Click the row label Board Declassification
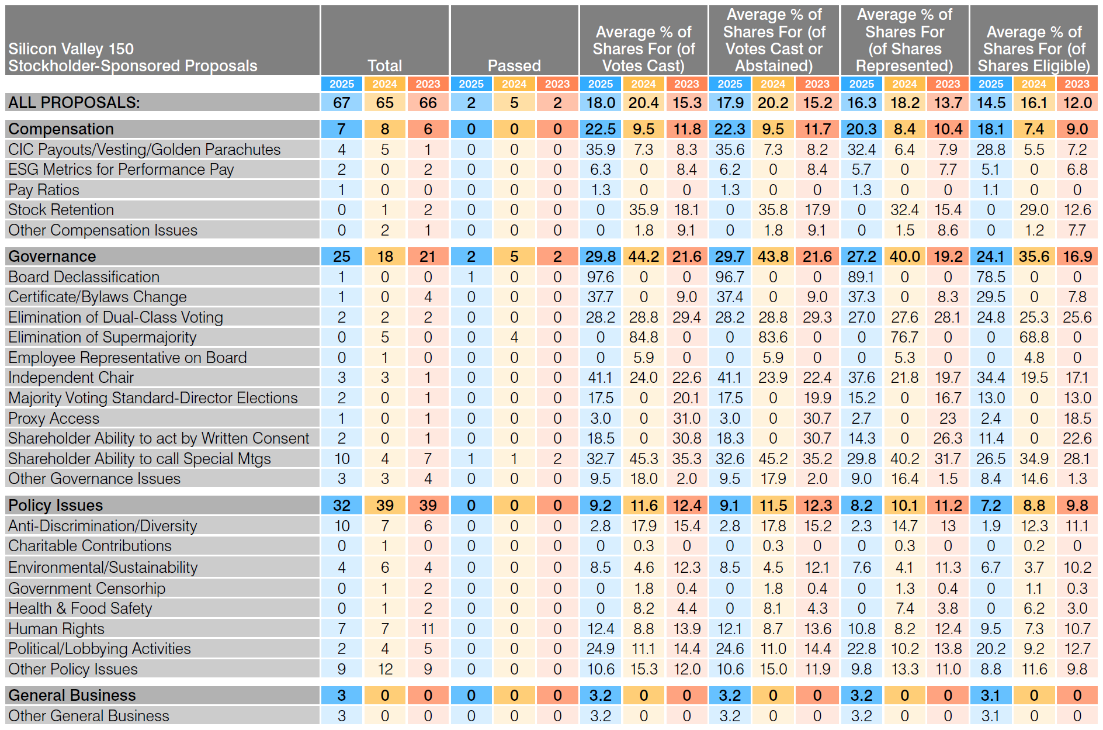[84, 276]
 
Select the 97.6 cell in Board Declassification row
[600, 276]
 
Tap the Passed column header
[514, 65]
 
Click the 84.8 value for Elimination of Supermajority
[643, 337]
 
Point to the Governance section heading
[52, 256]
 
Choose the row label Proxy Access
[54, 418]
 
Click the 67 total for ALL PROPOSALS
[341, 102]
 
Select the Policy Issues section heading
[56, 505]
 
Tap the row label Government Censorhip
[86, 588]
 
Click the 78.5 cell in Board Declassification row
[990, 276]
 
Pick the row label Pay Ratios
[44, 189]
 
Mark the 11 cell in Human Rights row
[428, 628]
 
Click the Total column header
[384, 65]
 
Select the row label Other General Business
[88, 715]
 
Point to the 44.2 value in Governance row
[643, 256]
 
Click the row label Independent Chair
[71, 378]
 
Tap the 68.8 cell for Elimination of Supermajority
[1033, 337]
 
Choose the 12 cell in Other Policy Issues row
[384, 669]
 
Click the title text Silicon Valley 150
[71, 49]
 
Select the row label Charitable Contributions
[89, 545]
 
